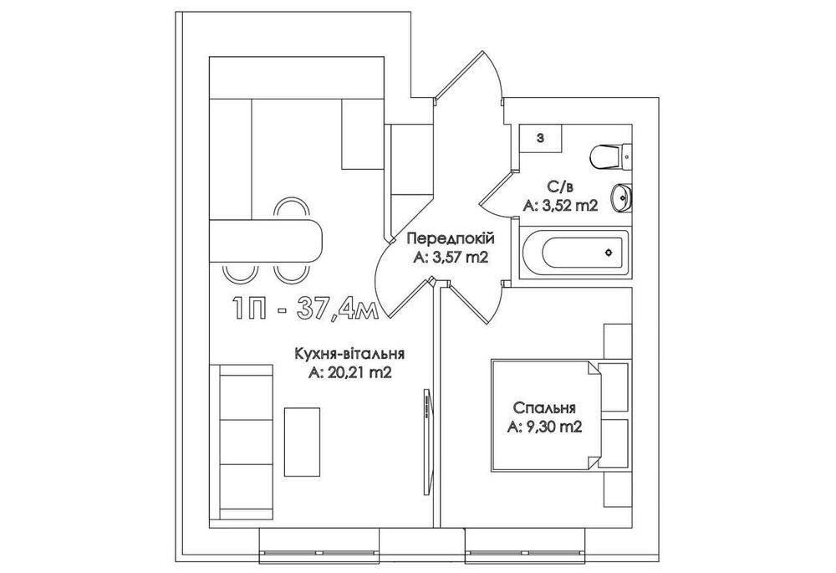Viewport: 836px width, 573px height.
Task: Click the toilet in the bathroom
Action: [x=611, y=157]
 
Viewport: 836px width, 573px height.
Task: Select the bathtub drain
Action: [x=609, y=253]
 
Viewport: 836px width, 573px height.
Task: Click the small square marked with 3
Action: [x=541, y=139]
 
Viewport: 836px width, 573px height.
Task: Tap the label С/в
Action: [x=559, y=187]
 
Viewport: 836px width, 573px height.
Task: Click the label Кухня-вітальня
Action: [x=349, y=355]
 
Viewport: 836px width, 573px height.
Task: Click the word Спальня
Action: [x=544, y=408]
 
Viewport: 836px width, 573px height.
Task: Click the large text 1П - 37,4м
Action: [x=304, y=308]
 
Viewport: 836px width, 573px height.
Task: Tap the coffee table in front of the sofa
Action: [x=303, y=442]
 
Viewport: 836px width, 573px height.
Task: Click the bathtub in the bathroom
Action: [x=573, y=253]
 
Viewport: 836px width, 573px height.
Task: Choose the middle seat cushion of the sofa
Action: [x=247, y=442]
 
